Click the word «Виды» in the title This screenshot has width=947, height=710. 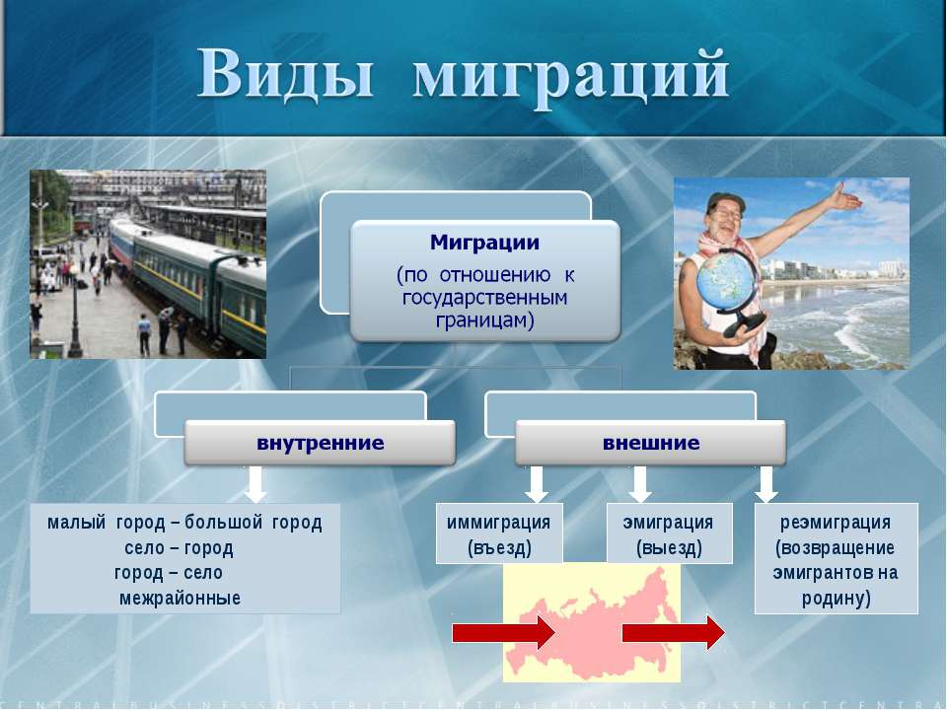pyautogui.click(x=285, y=73)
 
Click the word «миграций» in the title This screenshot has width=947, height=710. pyautogui.click(x=571, y=77)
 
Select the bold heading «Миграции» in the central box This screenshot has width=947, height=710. pyautogui.click(x=485, y=243)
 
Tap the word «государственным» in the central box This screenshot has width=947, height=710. pyautogui.click(x=485, y=298)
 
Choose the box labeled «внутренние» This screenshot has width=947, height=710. pyautogui.click(x=320, y=443)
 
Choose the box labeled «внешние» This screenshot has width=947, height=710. pyautogui.click(x=651, y=443)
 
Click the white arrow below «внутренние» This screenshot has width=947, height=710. pyautogui.click(x=256, y=484)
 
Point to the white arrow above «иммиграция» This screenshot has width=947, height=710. pyautogui.click(x=537, y=484)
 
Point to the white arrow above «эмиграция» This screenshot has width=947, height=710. pyautogui.click(x=640, y=484)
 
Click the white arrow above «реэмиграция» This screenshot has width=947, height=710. pyautogui.click(x=766, y=484)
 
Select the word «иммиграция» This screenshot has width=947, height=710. pyautogui.click(x=499, y=523)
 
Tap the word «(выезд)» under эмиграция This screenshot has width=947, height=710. pyautogui.click(x=669, y=548)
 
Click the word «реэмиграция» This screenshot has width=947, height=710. pyautogui.click(x=836, y=523)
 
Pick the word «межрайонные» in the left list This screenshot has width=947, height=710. pyautogui.click(x=180, y=599)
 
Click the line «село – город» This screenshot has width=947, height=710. pyautogui.click(x=179, y=548)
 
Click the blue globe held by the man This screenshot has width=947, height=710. pyautogui.click(x=723, y=282)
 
